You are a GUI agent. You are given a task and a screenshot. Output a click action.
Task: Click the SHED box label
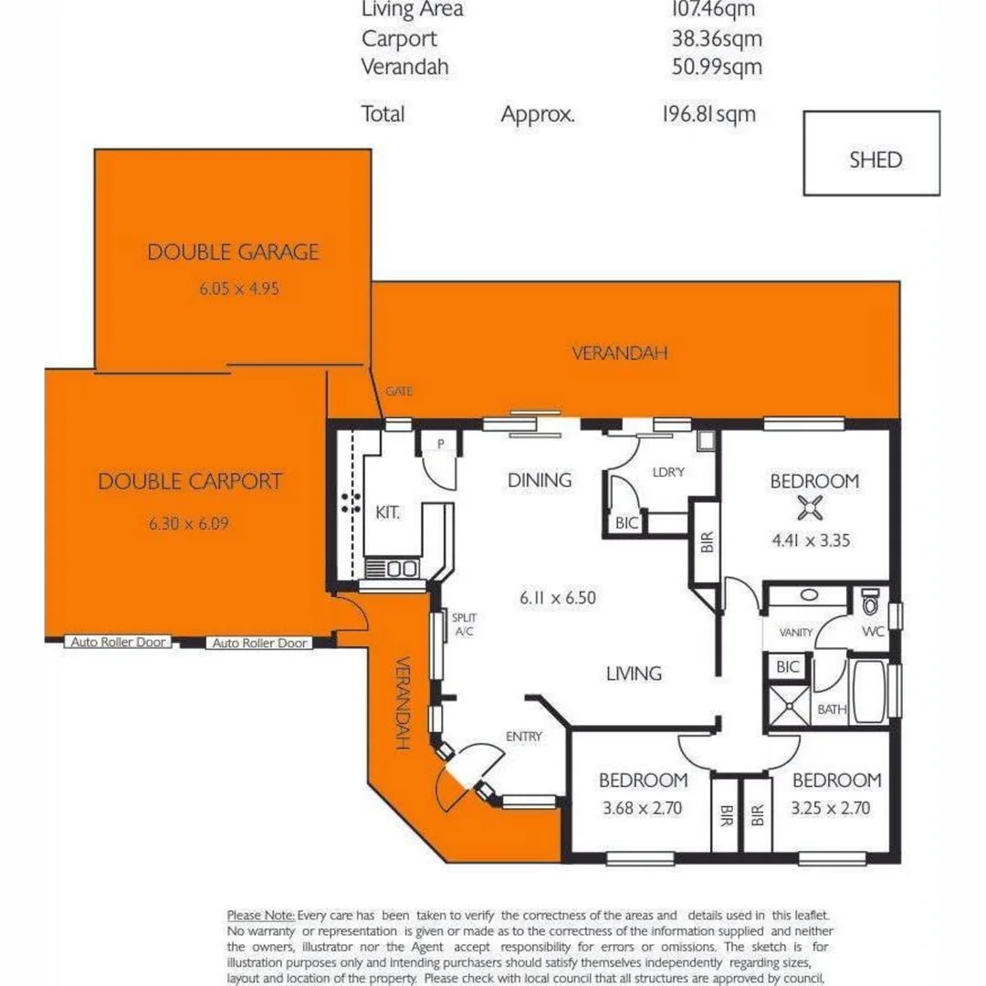[875, 160]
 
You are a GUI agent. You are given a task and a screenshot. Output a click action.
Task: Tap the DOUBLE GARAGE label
[233, 252]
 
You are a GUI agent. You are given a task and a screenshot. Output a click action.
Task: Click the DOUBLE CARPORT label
[190, 481]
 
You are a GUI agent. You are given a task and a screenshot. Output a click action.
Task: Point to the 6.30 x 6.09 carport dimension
[187, 524]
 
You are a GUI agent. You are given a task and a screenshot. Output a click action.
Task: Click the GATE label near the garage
[399, 392]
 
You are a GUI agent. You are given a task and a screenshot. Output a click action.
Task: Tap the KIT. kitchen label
[387, 514]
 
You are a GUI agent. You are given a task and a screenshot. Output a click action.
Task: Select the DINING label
[539, 480]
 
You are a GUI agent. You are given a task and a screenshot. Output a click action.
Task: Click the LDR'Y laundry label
[668, 472]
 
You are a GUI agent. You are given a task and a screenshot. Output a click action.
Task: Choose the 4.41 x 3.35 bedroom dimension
[810, 540]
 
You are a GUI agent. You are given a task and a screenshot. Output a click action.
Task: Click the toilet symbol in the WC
[870, 603]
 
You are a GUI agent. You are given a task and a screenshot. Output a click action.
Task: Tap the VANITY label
[795, 632]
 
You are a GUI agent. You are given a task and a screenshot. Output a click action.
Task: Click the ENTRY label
[524, 737]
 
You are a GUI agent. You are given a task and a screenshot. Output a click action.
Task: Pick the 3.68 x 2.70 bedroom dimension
[642, 808]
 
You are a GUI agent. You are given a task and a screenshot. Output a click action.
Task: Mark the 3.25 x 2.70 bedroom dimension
[835, 808]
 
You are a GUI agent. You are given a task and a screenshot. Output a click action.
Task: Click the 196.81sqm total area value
[708, 114]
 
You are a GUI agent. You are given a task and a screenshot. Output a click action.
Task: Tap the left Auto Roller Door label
[119, 643]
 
